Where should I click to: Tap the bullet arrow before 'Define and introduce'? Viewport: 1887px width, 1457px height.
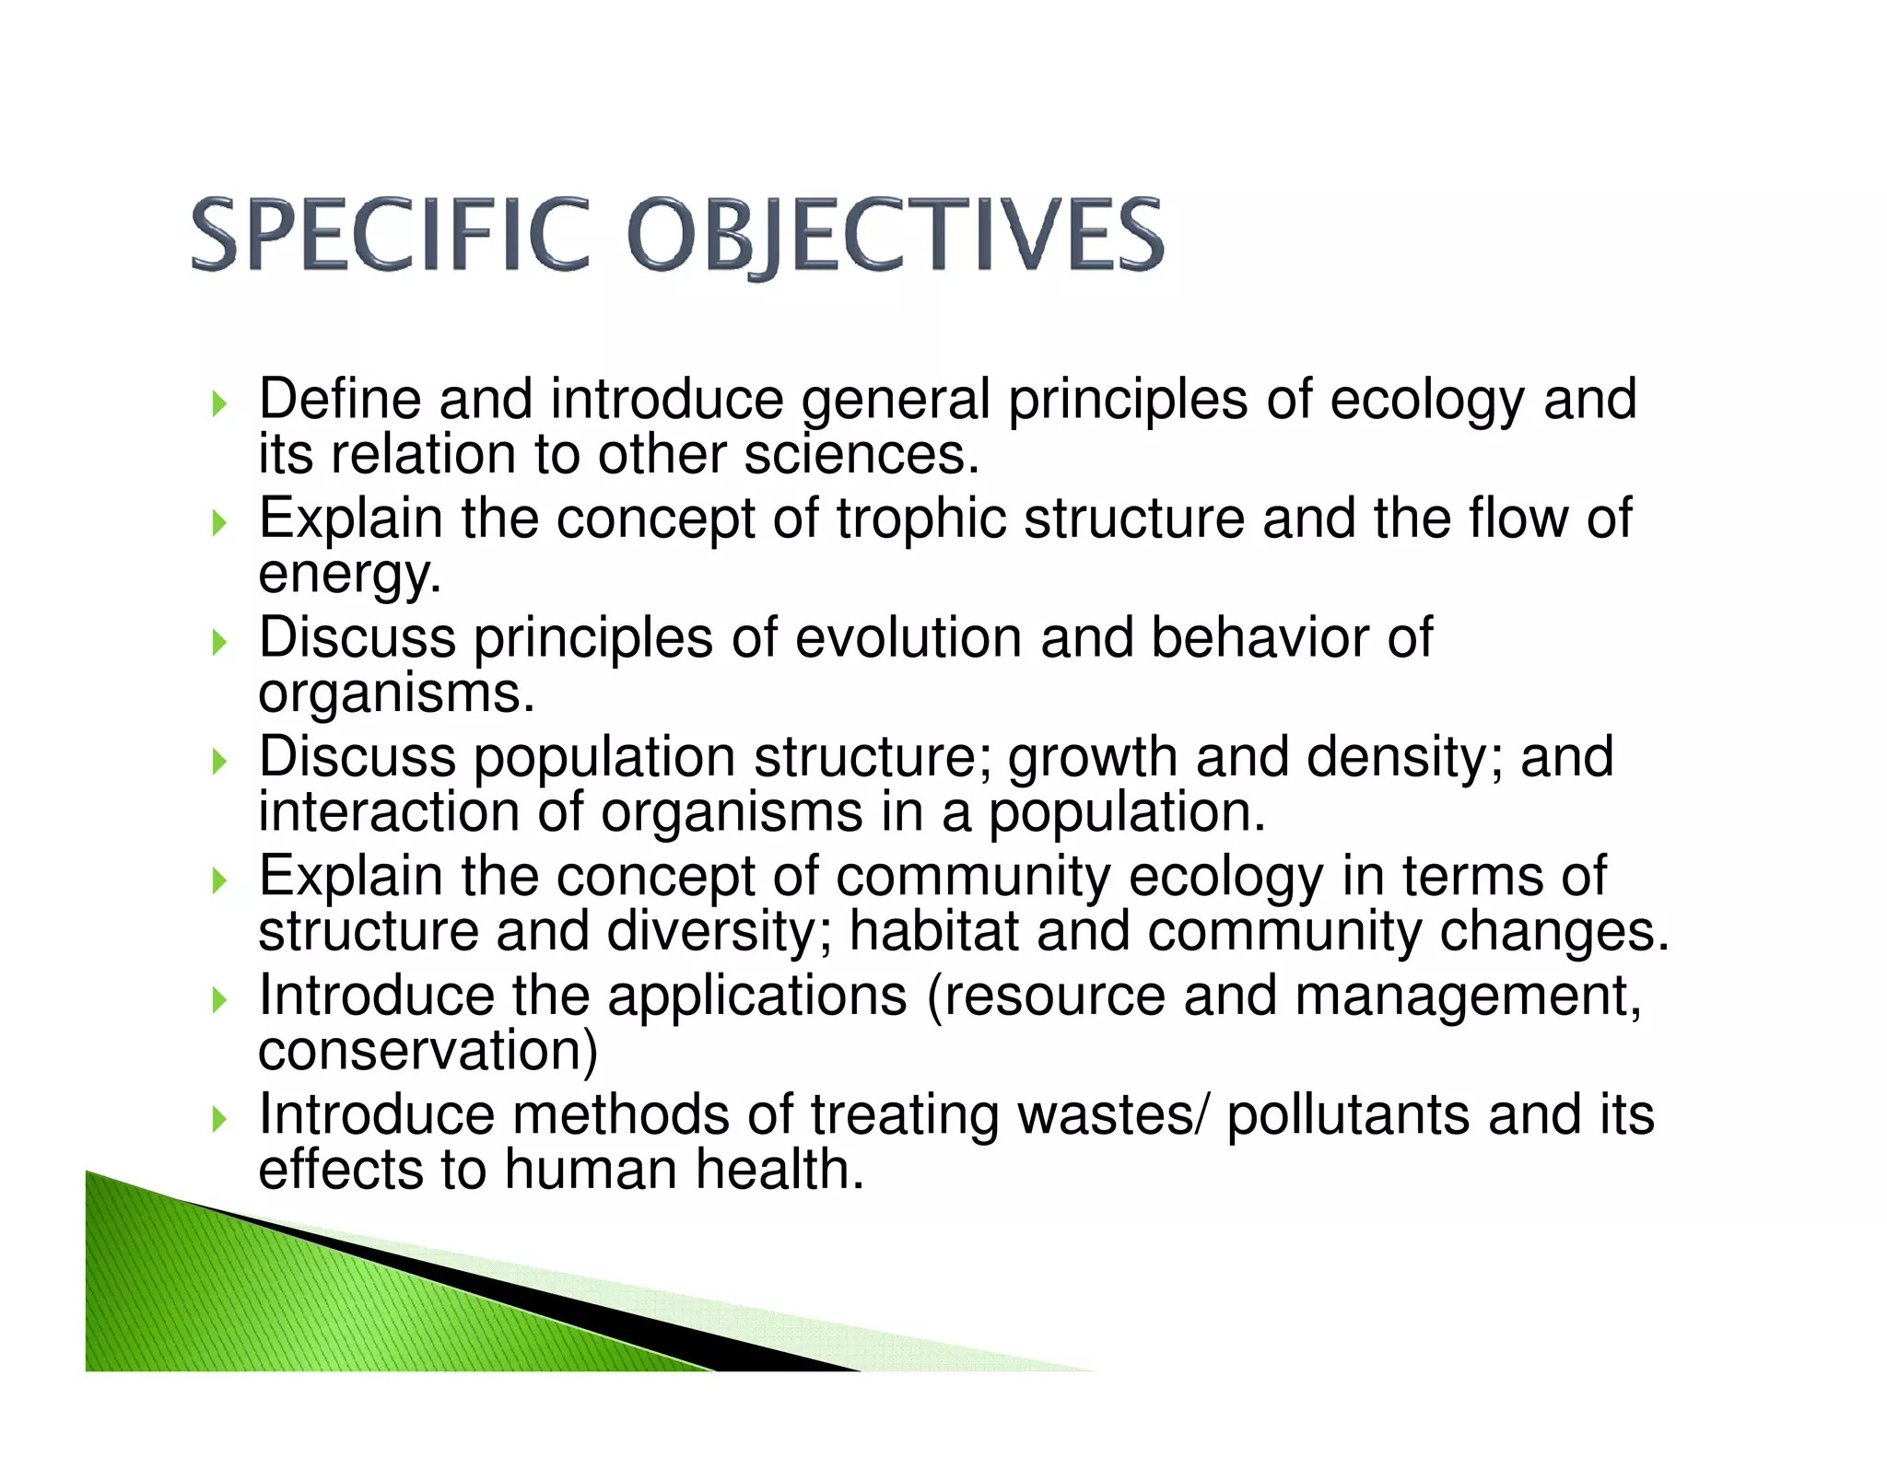click(x=218, y=403)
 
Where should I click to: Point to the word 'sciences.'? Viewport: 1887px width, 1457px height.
click(x=861, y=455)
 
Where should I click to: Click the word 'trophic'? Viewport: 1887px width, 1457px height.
click(x=921, y=519)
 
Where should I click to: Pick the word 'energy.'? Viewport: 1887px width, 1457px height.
click(x=350, y=575)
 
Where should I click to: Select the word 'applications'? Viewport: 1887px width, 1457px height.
click(x=756, y=997)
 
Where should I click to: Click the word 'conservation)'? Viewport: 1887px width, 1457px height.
click(x=428, y=1051)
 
